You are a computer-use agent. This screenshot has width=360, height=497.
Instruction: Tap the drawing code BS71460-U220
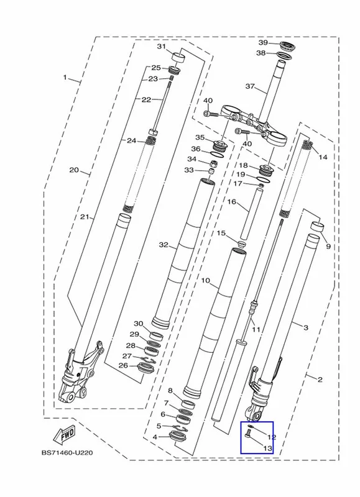(67, 453)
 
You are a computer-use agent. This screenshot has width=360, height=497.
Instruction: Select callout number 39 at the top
(263, 43)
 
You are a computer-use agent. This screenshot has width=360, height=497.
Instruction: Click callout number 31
(162, 47)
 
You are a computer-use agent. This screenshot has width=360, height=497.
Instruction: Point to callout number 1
(65, 77)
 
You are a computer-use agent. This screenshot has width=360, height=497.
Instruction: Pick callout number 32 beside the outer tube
(164, 245)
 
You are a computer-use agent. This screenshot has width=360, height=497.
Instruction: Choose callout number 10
(206, 281)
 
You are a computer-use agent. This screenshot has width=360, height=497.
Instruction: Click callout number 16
(232, 201)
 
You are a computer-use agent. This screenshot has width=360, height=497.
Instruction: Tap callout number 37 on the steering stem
(250, 86)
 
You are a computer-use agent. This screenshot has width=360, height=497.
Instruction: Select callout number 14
(323, 157)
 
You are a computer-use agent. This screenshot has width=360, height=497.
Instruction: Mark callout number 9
(328, 246)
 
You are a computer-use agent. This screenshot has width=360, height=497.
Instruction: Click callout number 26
(123, 365)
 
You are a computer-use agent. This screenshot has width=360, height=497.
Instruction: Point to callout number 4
(155, 437)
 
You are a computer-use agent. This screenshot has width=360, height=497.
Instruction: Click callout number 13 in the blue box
(268, 448)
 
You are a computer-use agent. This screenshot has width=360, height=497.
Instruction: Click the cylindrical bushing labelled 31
(178, 58)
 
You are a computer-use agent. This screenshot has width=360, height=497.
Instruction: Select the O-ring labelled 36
(217, 154)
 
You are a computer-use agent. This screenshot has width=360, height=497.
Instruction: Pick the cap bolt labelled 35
(219, 145)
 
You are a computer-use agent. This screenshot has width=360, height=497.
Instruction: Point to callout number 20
(74, 170)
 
